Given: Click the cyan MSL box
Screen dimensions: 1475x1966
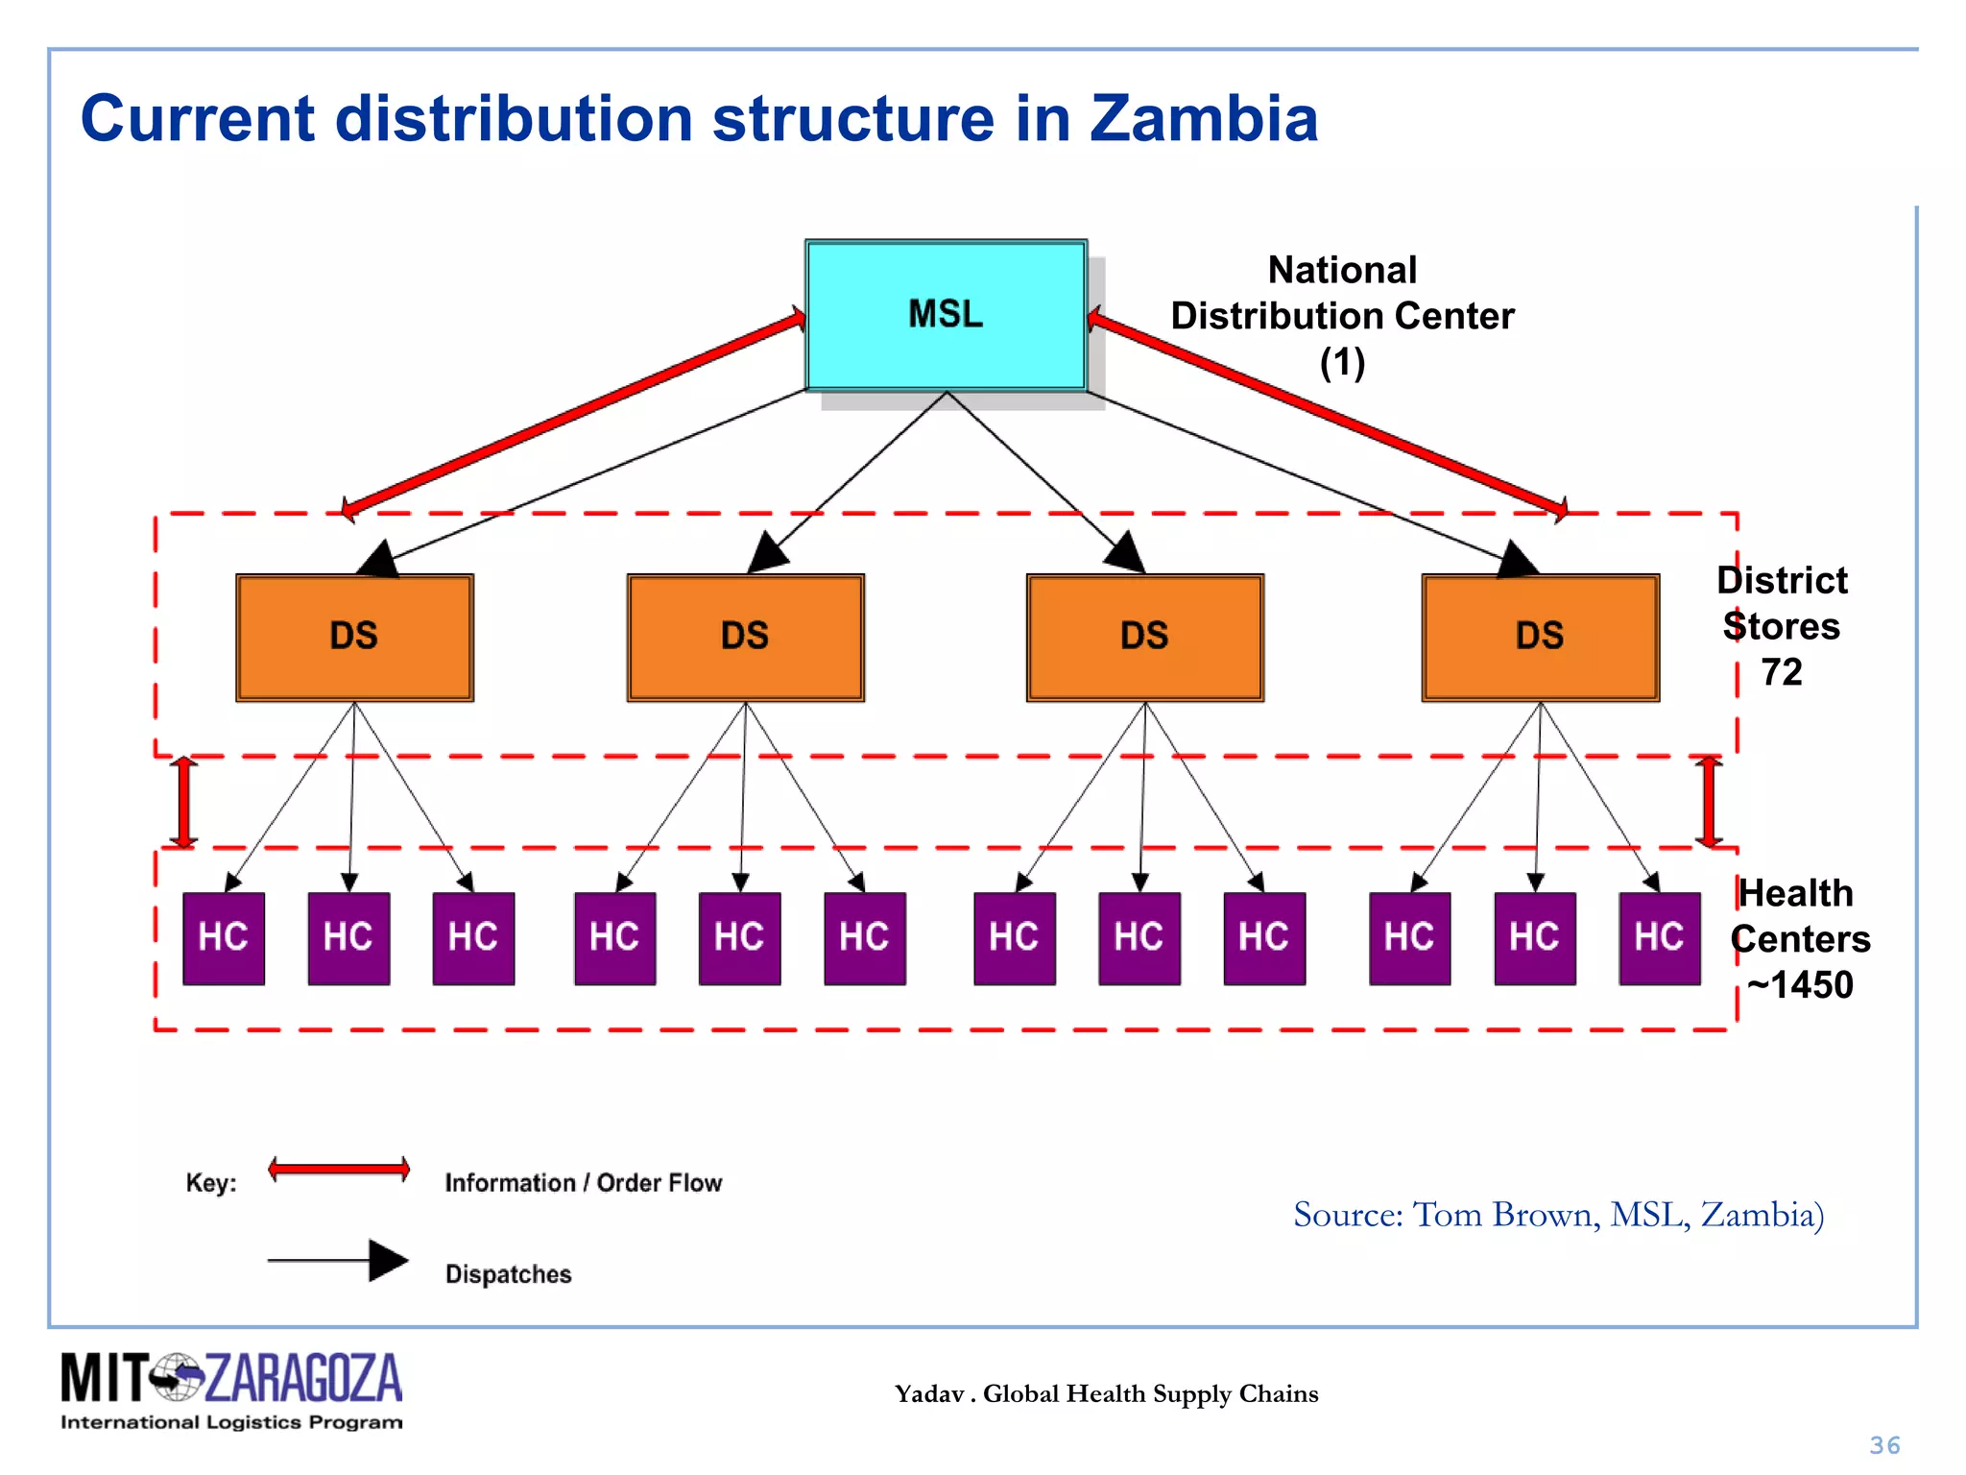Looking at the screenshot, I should point(946,315).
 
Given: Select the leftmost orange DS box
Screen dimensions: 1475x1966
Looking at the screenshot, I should point(354,637).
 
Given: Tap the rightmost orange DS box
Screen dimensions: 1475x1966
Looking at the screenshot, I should point(1540,637).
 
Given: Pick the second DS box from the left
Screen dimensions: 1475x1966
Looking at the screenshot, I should point(745,637).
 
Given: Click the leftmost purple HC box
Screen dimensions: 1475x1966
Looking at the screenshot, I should point(224,938).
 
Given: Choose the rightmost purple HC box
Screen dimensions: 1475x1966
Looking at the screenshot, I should point(1659,938).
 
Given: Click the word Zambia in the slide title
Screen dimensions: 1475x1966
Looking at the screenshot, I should point(1203,119).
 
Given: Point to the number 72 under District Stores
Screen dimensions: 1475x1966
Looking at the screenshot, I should point(1782,672).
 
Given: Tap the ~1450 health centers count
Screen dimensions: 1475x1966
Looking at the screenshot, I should point(1800,985).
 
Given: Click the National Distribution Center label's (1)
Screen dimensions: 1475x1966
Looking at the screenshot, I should point(1342,363).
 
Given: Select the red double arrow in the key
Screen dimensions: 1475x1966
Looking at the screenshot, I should point(339,1170).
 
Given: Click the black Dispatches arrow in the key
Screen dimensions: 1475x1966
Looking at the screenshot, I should point(339,1260).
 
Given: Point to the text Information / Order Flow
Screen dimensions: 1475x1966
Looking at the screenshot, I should point(583,1183).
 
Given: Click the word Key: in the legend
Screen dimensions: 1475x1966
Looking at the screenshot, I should point(211,1182).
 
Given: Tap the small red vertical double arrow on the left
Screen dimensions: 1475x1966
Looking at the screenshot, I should point(183,802).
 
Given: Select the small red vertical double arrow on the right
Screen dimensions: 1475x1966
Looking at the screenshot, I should point(1708,802).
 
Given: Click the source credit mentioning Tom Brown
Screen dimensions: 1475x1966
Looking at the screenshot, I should point(1558,1215).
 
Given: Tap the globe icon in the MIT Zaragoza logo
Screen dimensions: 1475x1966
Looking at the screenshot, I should point(177,1377).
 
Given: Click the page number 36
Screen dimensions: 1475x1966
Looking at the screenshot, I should point(1884,1445).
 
